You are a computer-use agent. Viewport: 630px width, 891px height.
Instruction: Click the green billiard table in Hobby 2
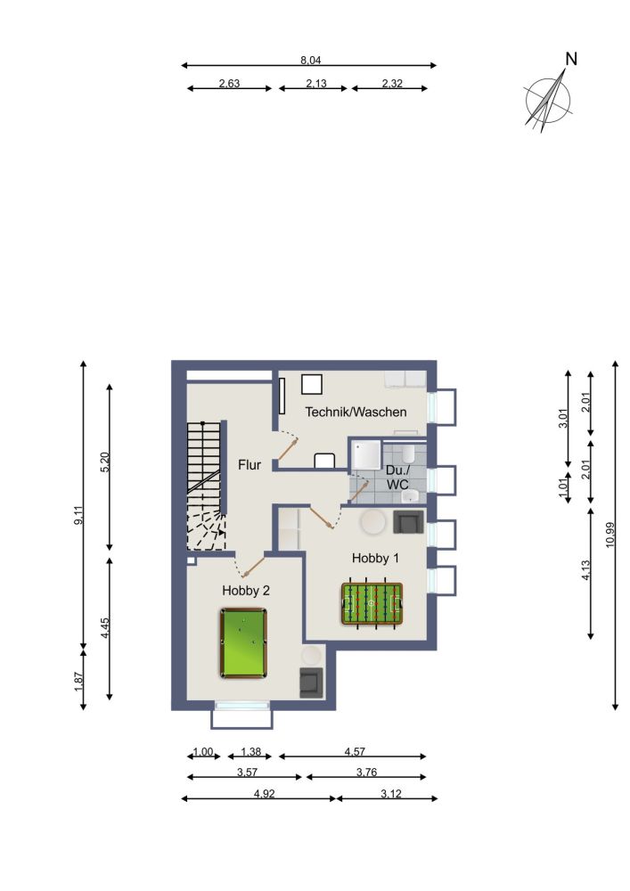[243, 642]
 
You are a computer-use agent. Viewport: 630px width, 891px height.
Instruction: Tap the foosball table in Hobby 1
[372, 603]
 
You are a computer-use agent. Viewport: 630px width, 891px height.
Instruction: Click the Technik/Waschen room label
[356, 412]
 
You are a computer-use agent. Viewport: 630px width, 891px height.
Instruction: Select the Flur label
[250, 465]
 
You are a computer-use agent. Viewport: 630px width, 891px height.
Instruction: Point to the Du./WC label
[397, 478]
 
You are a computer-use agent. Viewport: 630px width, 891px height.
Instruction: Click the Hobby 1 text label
[375, 558]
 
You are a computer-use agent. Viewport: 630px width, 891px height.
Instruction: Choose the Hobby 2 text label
[246, 591]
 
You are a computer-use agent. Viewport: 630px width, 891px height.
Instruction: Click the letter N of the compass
[571, 59]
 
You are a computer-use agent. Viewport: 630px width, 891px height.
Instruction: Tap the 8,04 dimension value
[311, 61]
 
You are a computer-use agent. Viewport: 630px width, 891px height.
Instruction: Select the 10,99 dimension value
[610, 535]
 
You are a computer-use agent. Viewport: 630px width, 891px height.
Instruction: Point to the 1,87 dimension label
[78, 682]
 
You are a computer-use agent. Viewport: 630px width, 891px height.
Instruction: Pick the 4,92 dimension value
[265, 793]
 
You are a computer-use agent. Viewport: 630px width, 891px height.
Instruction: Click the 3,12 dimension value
[391, 793]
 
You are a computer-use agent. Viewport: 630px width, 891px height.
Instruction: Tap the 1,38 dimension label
[250, 752]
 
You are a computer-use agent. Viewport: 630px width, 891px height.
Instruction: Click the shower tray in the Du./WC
[366, 455]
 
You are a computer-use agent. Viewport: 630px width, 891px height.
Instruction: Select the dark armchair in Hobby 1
[408, 522]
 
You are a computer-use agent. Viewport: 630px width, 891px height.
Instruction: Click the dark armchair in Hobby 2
[311, 683]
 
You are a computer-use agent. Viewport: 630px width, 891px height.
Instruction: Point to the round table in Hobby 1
[373, 521]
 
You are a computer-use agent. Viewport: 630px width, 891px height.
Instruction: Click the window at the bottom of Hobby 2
[241, 705]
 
